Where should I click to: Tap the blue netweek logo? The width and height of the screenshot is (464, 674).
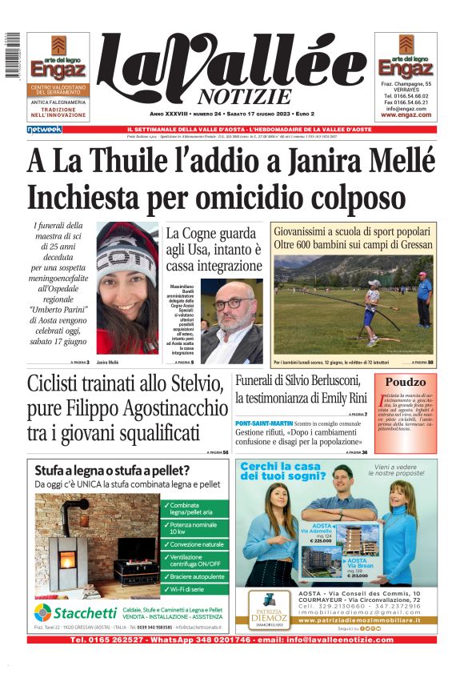(x=44, y=129)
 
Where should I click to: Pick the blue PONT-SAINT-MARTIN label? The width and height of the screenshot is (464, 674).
(x=264, y=422)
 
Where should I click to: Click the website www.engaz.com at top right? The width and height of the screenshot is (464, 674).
(x=406, y=114)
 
